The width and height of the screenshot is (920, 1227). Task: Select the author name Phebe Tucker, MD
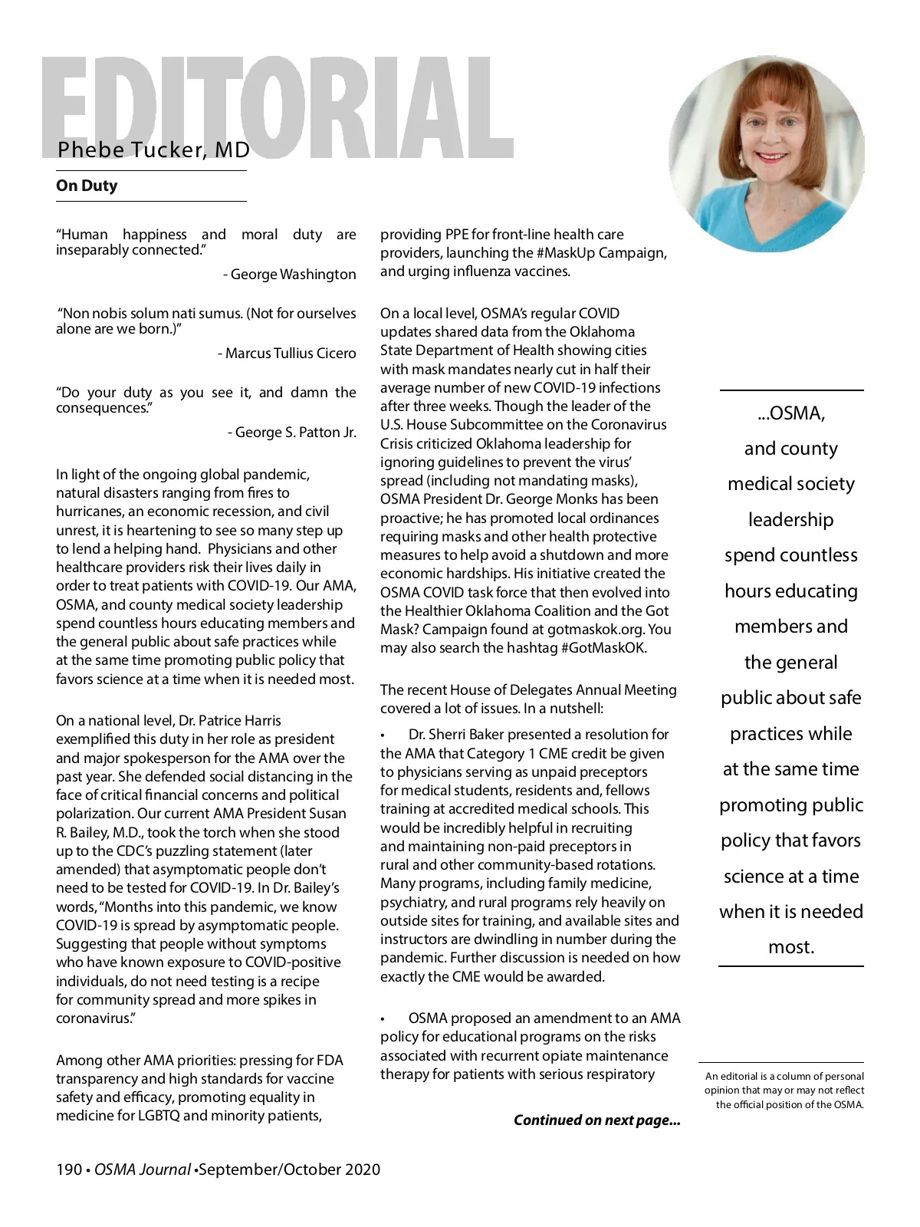pos(153,150)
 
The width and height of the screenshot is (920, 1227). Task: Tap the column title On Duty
pos(87,186)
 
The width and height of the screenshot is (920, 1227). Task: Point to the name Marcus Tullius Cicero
pos(291,354)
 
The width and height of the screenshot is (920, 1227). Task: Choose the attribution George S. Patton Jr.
pos(295,433)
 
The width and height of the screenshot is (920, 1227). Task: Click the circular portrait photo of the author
pos(766,153)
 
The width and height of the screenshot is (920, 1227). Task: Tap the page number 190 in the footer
pos(69,1169)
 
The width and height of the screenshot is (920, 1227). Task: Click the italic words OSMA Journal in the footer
pos(143,1169)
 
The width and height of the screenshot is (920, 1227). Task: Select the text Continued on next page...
pos(596,1120)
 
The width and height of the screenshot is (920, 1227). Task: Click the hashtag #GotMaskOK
pos(603,648)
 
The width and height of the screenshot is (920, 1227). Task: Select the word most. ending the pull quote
pos(791,947)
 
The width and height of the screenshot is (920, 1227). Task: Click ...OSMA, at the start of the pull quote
pos(791,413)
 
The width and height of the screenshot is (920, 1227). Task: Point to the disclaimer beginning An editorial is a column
pos(784,1090)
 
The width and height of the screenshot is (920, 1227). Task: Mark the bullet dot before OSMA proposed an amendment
pos(383,1019)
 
